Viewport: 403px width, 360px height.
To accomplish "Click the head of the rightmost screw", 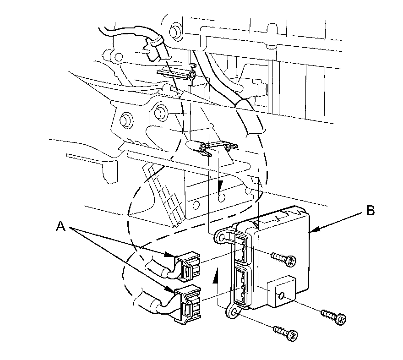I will [340, 319].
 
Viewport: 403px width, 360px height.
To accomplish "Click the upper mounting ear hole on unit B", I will [222, 237].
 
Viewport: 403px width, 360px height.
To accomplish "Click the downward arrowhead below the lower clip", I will [220, 186].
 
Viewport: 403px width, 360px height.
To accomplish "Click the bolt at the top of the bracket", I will [174, 32].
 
